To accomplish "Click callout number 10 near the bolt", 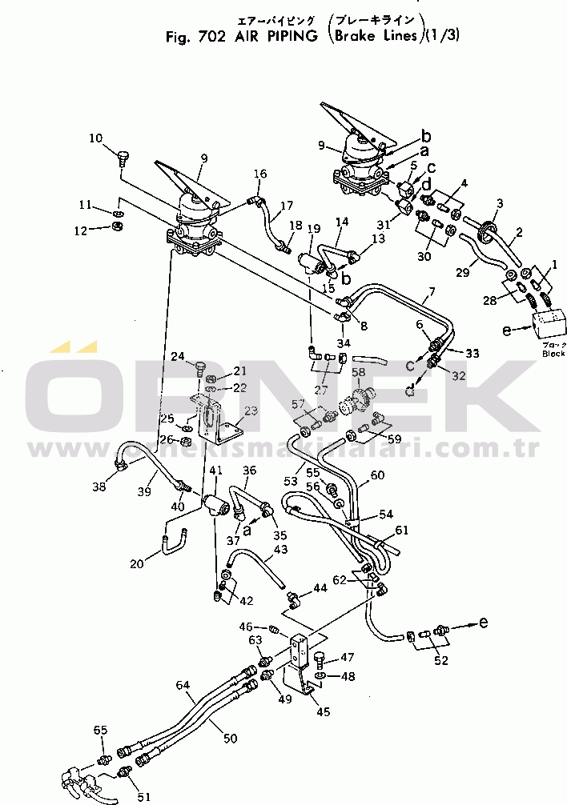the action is point(95,138).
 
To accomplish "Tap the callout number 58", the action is point(358,372).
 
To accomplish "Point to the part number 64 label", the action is point(183,686).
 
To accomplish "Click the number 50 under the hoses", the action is point(230,739).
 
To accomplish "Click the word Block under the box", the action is point(553,353).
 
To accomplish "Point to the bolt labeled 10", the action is point(123,155).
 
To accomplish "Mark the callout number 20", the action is point(137,564).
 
